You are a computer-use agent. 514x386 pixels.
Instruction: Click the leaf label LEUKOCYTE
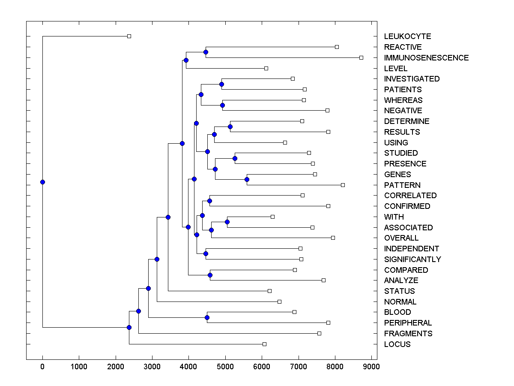tap(407, 36)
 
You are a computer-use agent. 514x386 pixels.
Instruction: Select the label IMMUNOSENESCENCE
tap(426, 57)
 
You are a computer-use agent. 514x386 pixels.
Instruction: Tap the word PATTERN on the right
tap(402, 185)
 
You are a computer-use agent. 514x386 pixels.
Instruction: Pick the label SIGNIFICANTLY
tap(412, 259)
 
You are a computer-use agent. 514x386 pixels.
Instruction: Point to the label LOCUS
tap(397, 344)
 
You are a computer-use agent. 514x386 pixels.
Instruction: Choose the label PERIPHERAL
tap(408, 323)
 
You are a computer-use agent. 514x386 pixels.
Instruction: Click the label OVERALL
tap(401, 238)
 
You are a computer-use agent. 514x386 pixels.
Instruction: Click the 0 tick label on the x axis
tap(42, 366)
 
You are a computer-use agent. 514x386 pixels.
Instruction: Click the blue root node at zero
tap(42, 182)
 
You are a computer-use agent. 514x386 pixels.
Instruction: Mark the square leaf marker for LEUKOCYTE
tap(129, 36)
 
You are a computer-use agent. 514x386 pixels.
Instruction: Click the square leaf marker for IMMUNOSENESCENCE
tap(361, 57)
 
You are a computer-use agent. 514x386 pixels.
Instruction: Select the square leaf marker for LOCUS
tap(264, 344)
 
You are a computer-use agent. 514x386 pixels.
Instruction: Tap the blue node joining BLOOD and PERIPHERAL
tap(207, 317)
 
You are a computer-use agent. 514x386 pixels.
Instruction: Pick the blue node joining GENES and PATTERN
tap(247, 180)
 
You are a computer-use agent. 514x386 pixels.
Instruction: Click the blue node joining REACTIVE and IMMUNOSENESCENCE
tap(206, 52)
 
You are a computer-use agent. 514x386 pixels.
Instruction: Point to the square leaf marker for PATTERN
tap(343, 185)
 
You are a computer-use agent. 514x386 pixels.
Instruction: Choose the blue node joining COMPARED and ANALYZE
tap(210, 275)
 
